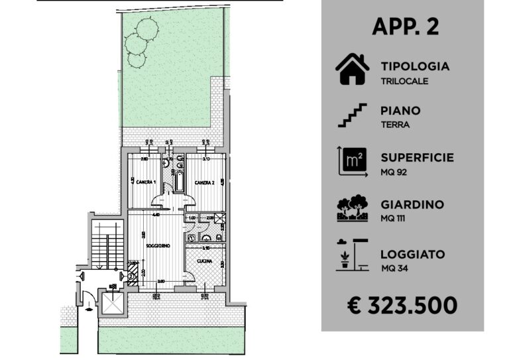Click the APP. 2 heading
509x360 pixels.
405,27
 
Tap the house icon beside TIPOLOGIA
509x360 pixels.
352,70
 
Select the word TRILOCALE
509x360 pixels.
404,81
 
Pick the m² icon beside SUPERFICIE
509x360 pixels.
352,161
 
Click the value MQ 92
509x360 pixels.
395,172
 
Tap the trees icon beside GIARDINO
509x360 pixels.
352,208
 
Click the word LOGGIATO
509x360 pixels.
412,255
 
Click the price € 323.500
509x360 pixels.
402,305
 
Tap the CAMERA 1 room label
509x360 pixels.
146,182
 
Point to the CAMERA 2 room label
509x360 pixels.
203,182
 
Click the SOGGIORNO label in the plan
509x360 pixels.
158,246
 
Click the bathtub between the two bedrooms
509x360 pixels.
174,179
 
